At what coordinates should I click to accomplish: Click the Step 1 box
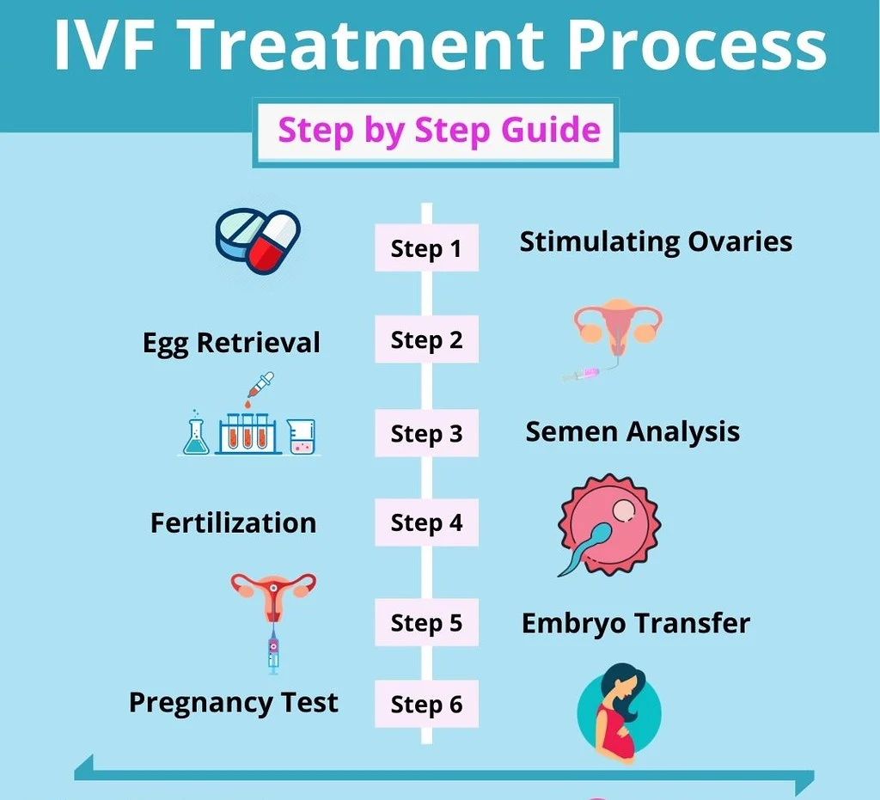pos(426,247)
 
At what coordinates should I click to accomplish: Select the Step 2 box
pos(426,339)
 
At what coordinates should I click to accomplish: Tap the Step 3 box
pos(426,432)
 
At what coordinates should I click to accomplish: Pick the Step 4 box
pos(426,522)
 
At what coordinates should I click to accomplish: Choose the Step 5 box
pos(426,622)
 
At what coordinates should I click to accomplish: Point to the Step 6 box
pos(426,704)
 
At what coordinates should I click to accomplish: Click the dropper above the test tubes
pos(260,387)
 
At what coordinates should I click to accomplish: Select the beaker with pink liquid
pos(302,437)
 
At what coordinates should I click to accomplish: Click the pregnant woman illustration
pos(619,712)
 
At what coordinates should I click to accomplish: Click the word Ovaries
pos(740,241)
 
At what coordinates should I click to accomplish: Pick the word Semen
pos(571,431)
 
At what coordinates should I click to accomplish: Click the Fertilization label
pos(234,522)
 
